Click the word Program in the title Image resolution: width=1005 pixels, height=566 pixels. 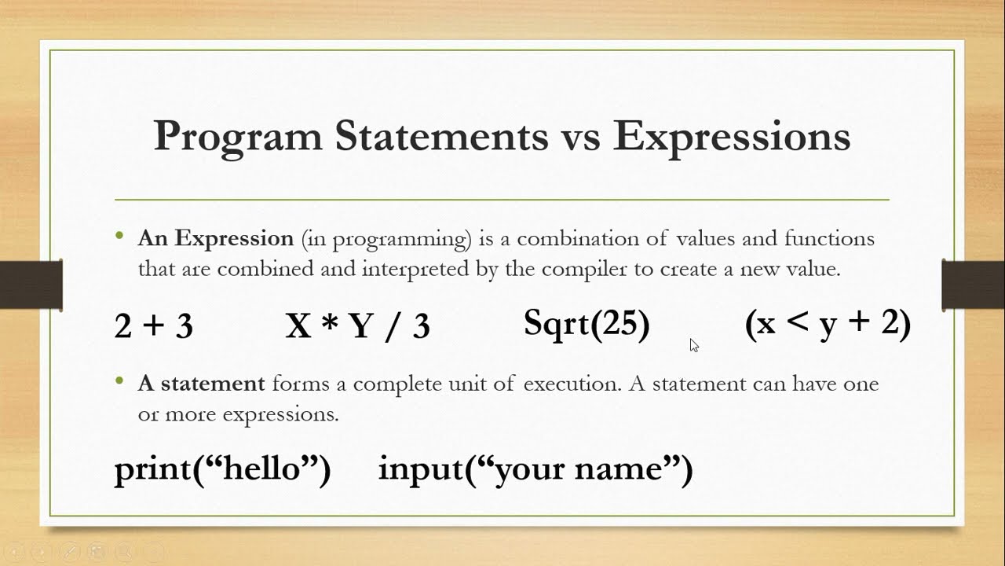pyautogui.click(x=237, y=136)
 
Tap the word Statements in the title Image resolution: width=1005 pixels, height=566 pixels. pyautogui.click(x=441, y=136)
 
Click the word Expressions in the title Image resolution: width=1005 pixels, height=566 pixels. pyautogui.click(x=732, y=136)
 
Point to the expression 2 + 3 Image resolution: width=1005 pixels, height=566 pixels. pyautogui.click(x=153, y=325)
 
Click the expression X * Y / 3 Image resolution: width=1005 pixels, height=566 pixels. pyautogui.click(x=357, y=325)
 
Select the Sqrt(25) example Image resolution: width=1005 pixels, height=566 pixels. pyautogui.click(x=587, y=323)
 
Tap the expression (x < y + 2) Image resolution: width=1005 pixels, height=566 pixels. pyautogui.click(x=828, y=323)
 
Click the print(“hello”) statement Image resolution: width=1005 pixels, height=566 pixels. pyautogui.click(x=222, y=469)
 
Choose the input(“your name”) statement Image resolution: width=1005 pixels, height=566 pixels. pyautogui.click(x=535, y=469)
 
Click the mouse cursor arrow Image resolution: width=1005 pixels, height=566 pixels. pyautogui.click(x=693, y=344)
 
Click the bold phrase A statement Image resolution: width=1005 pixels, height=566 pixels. pyautogui.click(x=201, y=384)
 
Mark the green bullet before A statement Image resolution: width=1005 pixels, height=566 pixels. pyautogui.click(x=119, y=381)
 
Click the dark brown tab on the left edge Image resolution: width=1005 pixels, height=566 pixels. pyautogui.click(x=31, y=284)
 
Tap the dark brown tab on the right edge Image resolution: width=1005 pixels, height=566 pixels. pyautogui.click(x=973, y=284)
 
